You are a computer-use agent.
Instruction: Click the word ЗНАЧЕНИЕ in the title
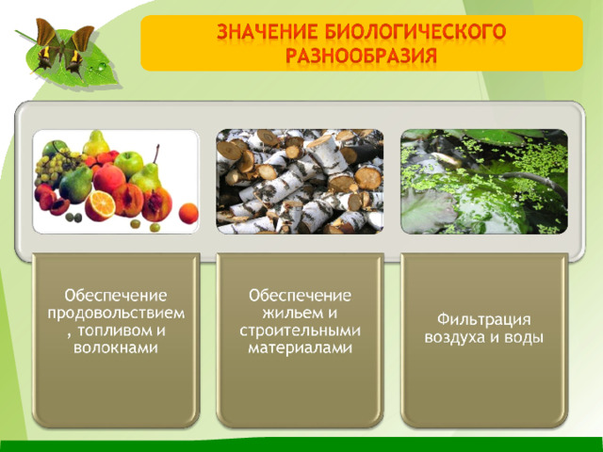coord(267,31)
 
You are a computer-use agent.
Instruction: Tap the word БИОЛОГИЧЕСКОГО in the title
coord(415,31)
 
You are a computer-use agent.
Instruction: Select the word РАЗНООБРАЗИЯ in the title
coord(361,56)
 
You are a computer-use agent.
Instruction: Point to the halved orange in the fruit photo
coord(101,205)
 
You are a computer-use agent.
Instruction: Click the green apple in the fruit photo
coord(129,164)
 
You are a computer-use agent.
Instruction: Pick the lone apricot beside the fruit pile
coord(188,214)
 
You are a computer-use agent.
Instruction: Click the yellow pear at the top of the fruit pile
coord(96,143)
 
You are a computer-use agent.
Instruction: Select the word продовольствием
coord(116,314)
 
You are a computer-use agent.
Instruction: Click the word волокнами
coord(116,347)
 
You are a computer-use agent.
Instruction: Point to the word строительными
coord(300,331)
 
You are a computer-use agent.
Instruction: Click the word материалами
coord(300,347)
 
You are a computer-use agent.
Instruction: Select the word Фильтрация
coord(483,320)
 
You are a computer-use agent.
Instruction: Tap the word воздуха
coord(455,337)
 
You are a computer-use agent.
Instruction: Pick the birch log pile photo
coord(300,182)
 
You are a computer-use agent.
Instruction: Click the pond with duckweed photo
coord(484,182)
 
